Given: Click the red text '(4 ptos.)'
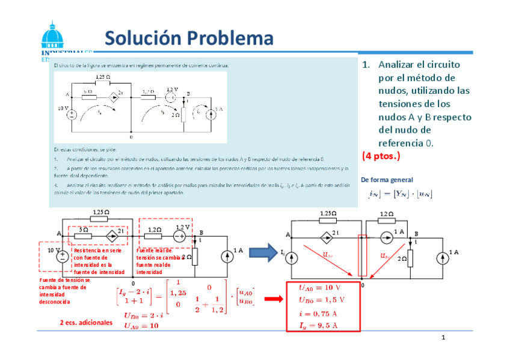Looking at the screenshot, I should (x=381, y=156).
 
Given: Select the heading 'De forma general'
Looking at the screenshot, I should (x=387, y=180).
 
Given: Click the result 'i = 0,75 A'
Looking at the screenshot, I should (x=318, y=313).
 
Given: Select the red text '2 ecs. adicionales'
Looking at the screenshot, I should (x=86, y=323).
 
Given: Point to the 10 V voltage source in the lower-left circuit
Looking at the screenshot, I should (x=62, y=257).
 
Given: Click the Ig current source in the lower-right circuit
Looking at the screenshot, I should (x=292, y=257).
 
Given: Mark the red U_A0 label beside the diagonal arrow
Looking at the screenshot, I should (x=328, y=255).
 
